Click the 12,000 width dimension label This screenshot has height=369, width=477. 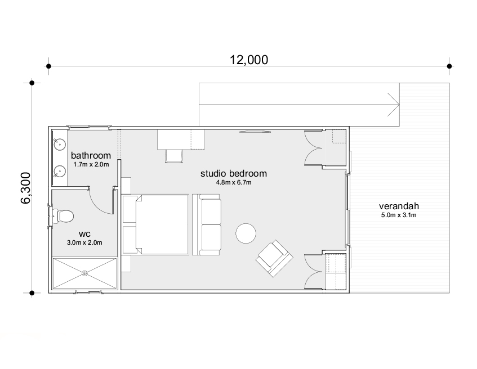[248, 60]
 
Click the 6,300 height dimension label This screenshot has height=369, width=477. [26, 188]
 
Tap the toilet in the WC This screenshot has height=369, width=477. [63, 215]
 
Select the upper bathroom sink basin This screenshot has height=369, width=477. [60, 144]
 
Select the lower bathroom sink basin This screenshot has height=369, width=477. [60, 171]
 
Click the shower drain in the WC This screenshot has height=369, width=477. [85, 273]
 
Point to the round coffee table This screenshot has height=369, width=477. [246, 233]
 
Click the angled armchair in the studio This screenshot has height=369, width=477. [274, 258]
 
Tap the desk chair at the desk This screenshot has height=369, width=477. [173, 156]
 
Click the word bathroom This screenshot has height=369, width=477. [91, 155]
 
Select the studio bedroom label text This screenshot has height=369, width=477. [234, 173]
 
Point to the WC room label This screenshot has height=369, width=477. [84, 235]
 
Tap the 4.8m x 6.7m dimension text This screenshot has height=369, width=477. [234, 182]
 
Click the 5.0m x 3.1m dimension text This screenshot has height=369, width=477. [399, 215]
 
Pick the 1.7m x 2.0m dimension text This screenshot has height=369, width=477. [91, 164]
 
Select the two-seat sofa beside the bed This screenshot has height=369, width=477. [207, 224]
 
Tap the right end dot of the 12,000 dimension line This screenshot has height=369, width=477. [449, 66]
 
